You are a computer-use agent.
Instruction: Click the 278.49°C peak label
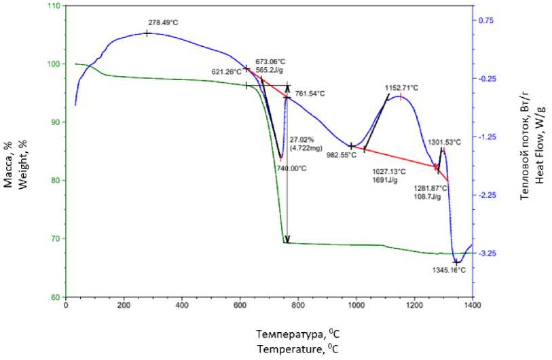click(x=164, y=22)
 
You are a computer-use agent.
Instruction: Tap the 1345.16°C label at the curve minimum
click(x=449, y=270)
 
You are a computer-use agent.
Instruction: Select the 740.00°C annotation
click(x=293, y=168)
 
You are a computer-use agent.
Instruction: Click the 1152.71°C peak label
click(x=402, y=88)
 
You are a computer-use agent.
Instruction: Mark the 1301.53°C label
click(x=444, y=142)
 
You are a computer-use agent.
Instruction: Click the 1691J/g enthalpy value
click(x=386, y=181)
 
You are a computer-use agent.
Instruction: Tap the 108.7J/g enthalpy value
click(x=428, y=197)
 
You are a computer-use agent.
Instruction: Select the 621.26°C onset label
click(x=227, y=71)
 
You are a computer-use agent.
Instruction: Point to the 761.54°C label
click(x=310, y=94)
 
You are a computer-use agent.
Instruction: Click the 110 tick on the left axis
click(x=52, y=5)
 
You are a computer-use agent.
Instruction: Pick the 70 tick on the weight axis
click(x=54, y=238)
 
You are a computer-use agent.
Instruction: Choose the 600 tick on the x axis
click(x=240, y=306)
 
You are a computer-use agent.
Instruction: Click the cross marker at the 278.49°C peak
click(x=147, y=33)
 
